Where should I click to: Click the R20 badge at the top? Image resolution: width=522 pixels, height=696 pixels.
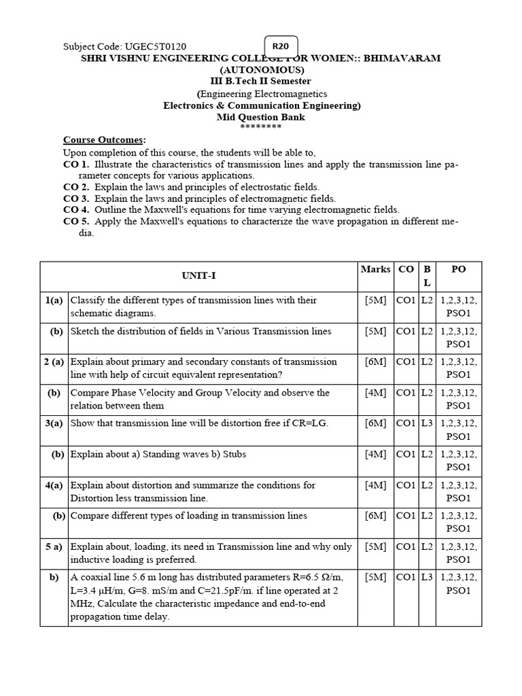(280, 46)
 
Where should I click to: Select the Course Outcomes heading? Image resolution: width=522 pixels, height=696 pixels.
(104, 139)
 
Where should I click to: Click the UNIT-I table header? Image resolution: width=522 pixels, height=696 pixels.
(198, 276)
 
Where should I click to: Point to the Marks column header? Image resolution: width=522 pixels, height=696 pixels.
(375, 269)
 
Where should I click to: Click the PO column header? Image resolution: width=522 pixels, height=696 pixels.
(458, 269)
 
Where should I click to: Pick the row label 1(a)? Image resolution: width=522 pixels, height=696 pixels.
(54, 300)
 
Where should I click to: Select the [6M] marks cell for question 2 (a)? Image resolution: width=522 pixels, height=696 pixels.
(375, 362)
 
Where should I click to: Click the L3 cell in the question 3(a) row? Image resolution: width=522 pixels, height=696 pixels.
(426, 423)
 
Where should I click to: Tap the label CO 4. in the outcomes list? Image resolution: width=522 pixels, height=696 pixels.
(76, 210)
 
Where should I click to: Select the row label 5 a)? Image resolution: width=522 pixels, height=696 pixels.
(54, 546)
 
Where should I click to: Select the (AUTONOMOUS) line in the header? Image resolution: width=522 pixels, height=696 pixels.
(262, 70)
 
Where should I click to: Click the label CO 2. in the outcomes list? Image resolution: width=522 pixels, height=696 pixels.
(76, 187)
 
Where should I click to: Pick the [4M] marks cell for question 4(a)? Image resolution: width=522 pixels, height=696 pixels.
(375, 485)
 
